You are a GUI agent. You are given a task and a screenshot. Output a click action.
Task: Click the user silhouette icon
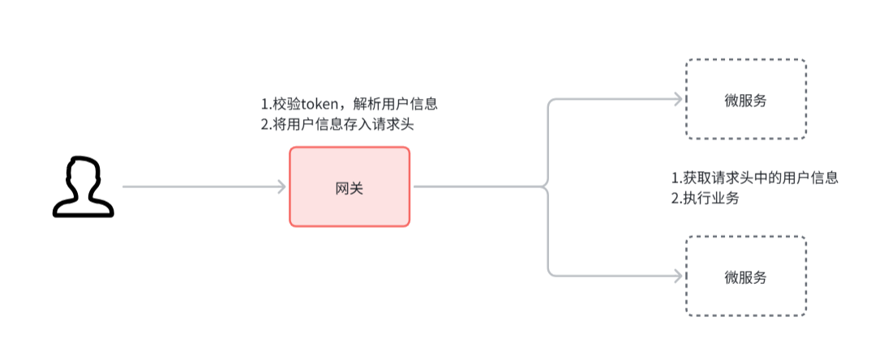[83, 188]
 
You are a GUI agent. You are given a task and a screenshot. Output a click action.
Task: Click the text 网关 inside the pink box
[350, 187]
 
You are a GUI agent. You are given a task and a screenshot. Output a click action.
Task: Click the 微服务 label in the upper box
[746, 101]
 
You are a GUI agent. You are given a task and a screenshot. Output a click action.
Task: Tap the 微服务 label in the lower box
[746, 277]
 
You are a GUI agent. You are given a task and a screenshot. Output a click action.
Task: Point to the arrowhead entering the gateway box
[281, 187]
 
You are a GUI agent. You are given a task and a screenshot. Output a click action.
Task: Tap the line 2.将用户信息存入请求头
[338, 126]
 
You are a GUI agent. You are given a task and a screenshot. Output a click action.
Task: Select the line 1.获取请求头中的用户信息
[754, 178]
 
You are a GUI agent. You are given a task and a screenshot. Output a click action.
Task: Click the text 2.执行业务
[705, 199]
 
